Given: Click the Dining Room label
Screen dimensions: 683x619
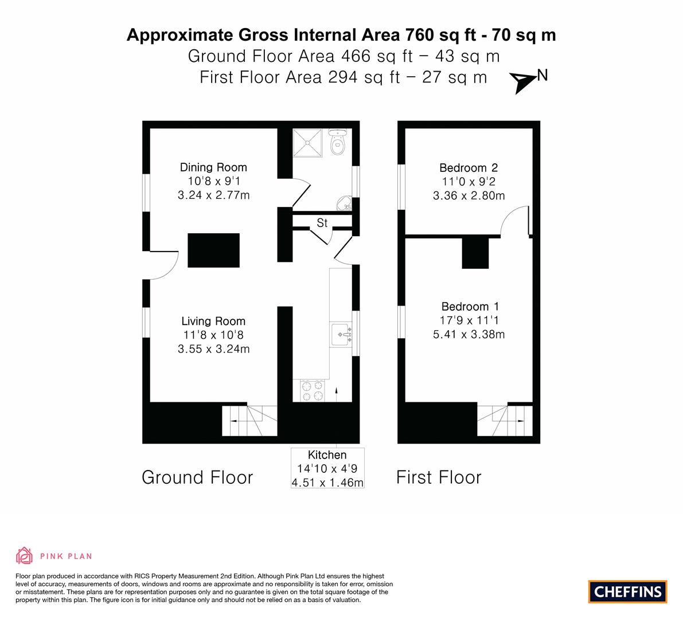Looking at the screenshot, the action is (x=213, y=167).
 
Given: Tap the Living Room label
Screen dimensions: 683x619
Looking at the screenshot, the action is (x=213, y=322).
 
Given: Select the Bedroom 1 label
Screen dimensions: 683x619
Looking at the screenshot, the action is (x=470, y=307).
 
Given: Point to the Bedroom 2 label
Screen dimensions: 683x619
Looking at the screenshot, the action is (x=469, y=167).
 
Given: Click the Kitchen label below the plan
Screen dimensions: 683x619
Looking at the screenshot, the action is (x=327, y=455).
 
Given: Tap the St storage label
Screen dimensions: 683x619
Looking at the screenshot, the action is (x=322, y=223).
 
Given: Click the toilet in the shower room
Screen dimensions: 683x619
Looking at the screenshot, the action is (x=337, y=142).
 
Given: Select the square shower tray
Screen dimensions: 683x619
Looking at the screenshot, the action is (x=307, y=143).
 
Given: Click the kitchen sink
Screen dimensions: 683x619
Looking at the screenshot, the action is (x=341, y=335).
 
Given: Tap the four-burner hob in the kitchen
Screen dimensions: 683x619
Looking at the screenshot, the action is (x=313, y=390).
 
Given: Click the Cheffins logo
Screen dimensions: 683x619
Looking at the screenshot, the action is (x=628, y=591).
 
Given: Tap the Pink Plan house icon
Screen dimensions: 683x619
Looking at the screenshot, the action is (x=25, y=555).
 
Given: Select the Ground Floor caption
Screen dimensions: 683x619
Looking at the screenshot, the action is (x=197, y=477).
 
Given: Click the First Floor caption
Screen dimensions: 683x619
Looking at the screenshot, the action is (x=439, y=477).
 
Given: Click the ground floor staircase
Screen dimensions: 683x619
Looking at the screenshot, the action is (x=249, y=421).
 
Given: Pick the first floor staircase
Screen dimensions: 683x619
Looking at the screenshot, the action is (x=505, y=421).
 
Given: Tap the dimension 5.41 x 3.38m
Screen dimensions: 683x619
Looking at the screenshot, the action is (x=469, y=334).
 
